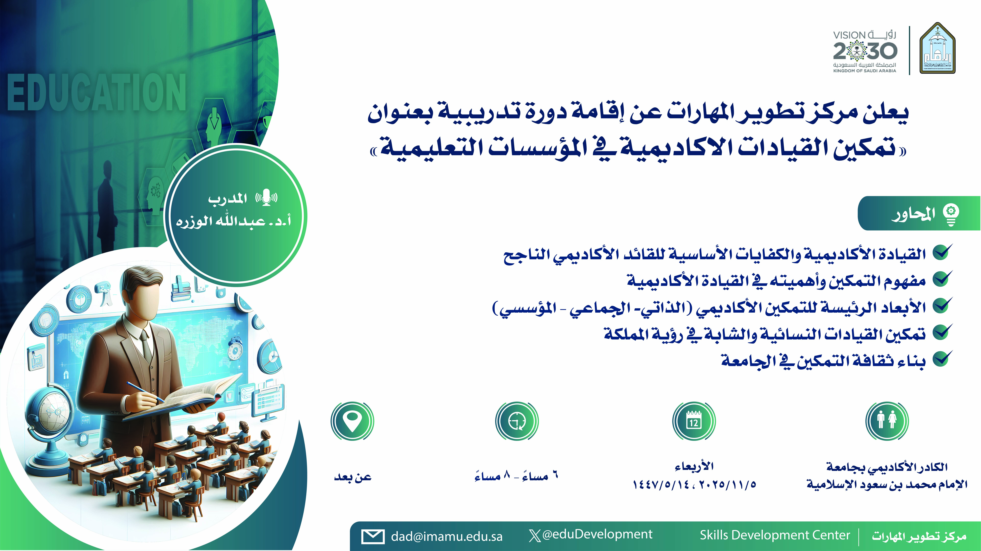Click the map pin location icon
click(x=352, y=421)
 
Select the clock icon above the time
click(x=517, y=421)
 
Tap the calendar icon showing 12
click(x=694, y=421)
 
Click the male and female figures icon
click(x=887, y=421)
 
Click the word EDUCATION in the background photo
click(x=97, y=92)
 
